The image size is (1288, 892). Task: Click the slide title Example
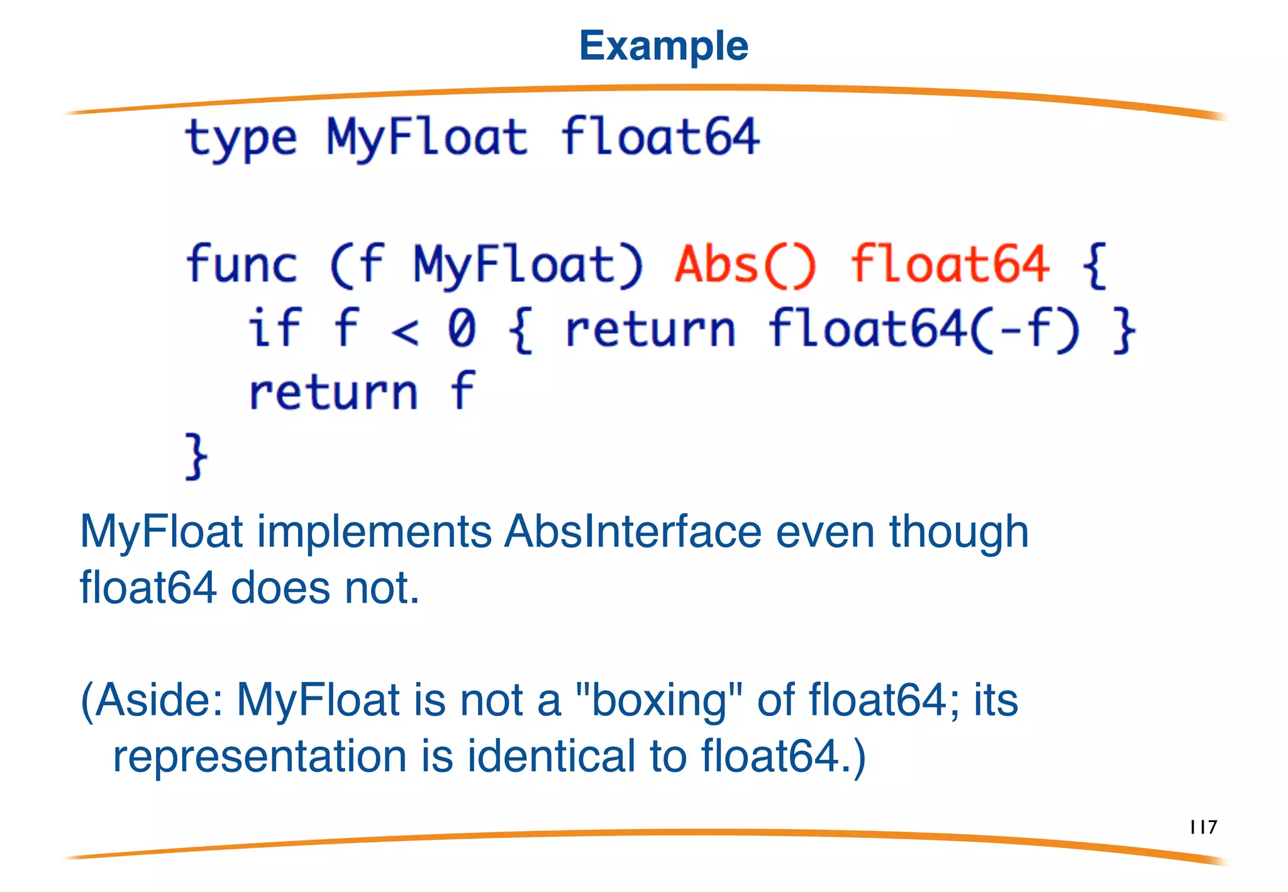pyautogui.click(x=663, y=46)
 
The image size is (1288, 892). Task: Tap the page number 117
pyautogui.click(x=1203, y=827)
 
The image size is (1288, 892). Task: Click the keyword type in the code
pyautogui.click(x=241, y=138)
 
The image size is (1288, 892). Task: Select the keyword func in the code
pyautogui.click(x=241, y=264)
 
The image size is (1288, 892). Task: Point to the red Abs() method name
pyautogui.click(x=745, y=264)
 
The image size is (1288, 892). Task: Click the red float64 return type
pyautogui.click(x=950, y=264)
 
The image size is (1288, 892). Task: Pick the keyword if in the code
pyautogui.click(x=274, y=328)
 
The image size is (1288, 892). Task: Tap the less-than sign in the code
pyautogui.click(x=404, y=332)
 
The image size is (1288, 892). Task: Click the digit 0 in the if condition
pyautogui.click(x=462, y=328)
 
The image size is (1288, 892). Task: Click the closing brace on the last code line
pyautogui.click(x=196, y=456)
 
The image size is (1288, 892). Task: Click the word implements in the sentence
pyautogui.click(x=374, y=532)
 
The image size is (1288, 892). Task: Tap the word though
pyautogui.click(x=958, y=532)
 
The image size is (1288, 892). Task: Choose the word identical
pyautogui.click(x=552, y=755)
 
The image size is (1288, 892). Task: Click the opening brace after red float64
pyautogui.click(x=1094, y=265)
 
